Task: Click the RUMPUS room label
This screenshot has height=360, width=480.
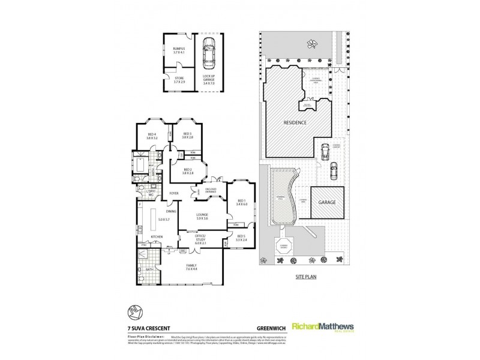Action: tap(178, 50)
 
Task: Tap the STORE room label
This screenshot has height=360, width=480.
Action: tap(178, 77)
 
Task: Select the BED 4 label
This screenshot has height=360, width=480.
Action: tap(151, 135)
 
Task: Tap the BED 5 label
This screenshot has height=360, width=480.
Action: tap(241, 238)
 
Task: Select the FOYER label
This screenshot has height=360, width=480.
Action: tap(175, 193)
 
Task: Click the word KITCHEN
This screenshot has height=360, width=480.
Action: tap(157, 238)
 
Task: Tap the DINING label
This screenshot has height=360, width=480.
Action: tap(171, 211)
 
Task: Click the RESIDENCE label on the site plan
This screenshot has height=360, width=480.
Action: tap(295, 122)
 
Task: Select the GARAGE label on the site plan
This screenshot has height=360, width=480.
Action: tap(328, 203)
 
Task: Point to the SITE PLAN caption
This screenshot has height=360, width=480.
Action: tap(306, 278)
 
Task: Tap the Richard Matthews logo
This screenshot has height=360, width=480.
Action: tap(322, 326)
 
